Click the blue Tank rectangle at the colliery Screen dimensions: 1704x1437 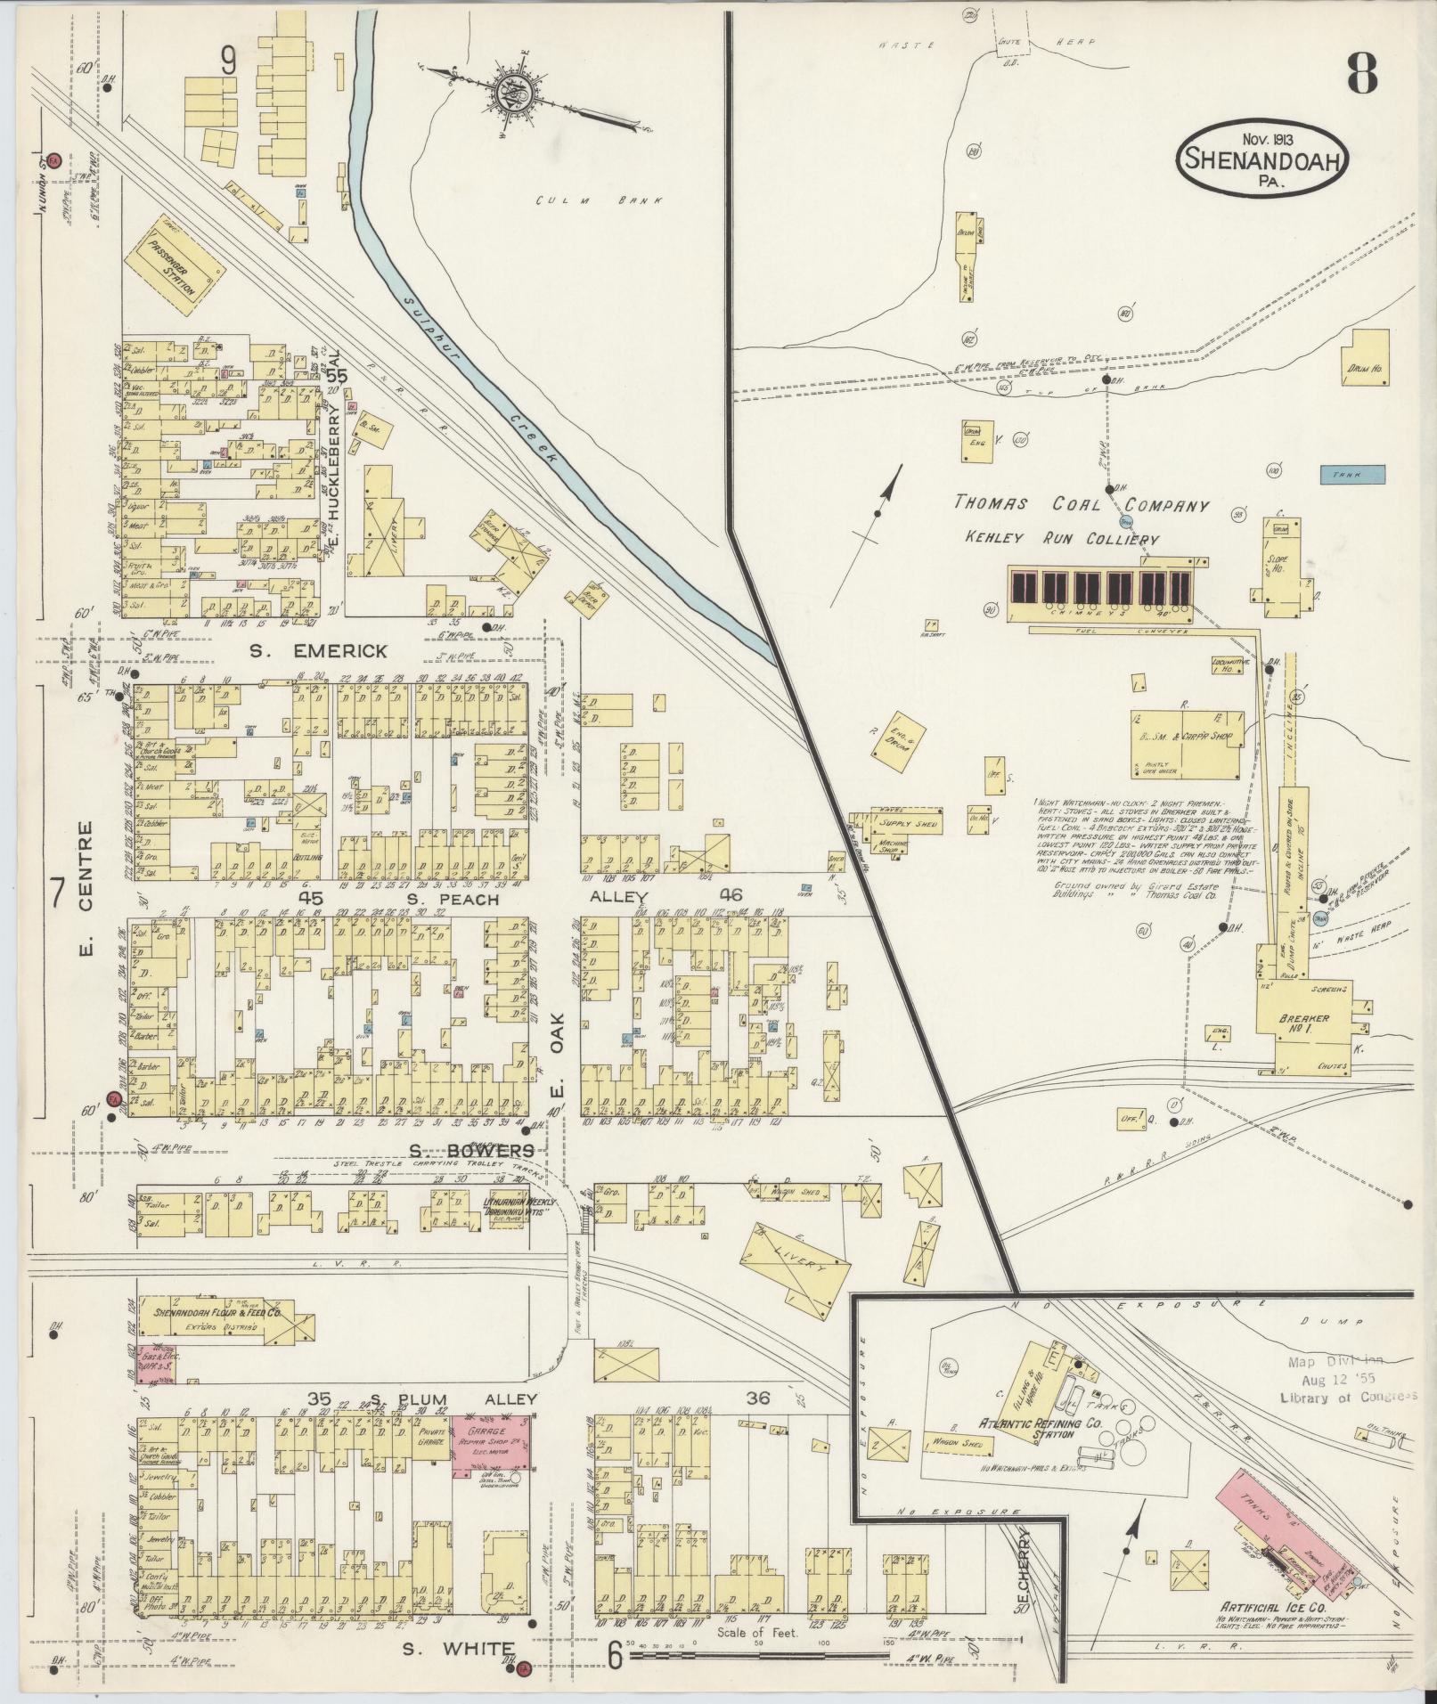1352,475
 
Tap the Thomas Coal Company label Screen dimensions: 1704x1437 1082,504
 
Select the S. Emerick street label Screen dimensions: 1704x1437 318,651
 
